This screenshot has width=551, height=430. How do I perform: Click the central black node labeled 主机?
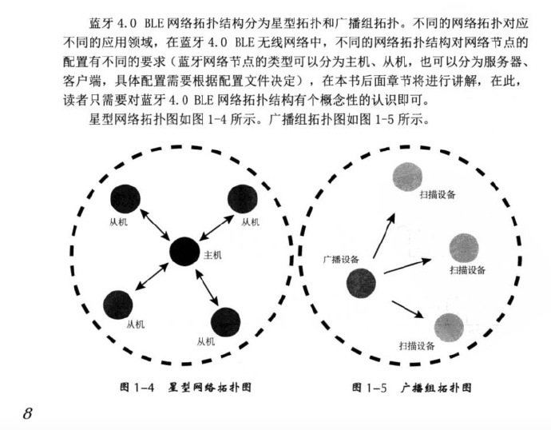pyautogui.click(x=183, y=253)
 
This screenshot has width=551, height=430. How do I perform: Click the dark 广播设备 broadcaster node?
pyautogui.click(x=362, y=282)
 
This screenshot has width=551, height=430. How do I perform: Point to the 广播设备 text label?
pyautogui.click(x=340, y=258)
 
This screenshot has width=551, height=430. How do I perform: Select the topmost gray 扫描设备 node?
pyautogui.click(x=407, y=175)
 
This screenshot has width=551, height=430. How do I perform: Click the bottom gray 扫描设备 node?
pyautogui.click(x=449, y=328)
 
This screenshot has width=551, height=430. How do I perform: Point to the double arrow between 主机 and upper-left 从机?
pyautogui.click(x=153, y=225)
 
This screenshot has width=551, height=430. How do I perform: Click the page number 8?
pyautogui.click(x=26, y=413)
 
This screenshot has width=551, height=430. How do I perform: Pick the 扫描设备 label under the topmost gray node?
pyautogui.click(x=437, y=194)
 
